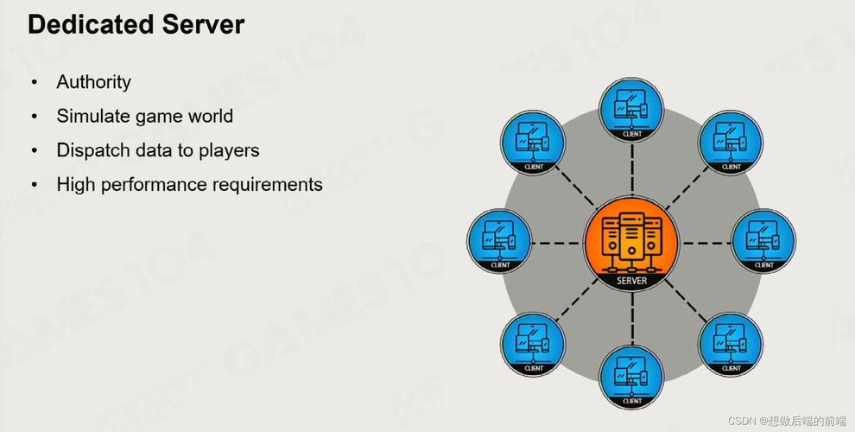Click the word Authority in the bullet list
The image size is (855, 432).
click(x=94, y=82)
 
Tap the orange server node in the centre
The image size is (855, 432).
click(x=631, y=244)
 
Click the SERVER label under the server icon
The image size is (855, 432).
click(x=631, y=281)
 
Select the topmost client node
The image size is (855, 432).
click(x=631, y=110)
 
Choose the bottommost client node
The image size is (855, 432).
click(x=631, y=377)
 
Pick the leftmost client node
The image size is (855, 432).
click(x=499, y=241)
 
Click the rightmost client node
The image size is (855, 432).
click(x=763, y=241)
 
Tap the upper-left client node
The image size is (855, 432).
click(x=533, y=143)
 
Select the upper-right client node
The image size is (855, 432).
click(x=731, y=143)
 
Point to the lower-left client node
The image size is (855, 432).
click(x=533, y=344)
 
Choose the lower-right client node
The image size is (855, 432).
click(x=731, y=344)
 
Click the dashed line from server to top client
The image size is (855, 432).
click(x=632, y=168)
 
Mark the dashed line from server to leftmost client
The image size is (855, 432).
click(x=557, y=244)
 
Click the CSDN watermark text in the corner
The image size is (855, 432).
click(x=788, y=421)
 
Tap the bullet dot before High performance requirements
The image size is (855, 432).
click(x=35, y=186)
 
